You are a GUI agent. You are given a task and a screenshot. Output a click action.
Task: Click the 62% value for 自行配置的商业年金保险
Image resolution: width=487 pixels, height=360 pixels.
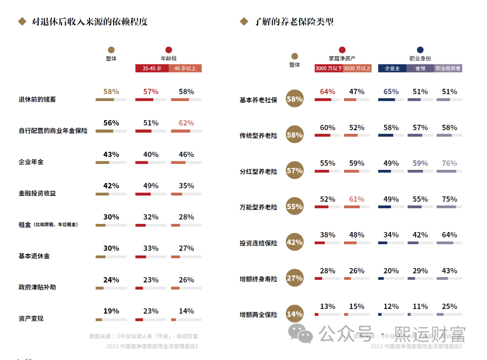pos(186,123)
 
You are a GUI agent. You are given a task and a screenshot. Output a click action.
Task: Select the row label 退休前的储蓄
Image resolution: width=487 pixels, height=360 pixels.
pos(37,99)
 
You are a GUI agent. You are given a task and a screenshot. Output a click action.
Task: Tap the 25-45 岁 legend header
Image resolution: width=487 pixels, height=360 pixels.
pos(152,68)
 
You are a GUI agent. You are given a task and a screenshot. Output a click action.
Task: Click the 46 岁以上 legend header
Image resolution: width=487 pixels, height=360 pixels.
pos(185,68)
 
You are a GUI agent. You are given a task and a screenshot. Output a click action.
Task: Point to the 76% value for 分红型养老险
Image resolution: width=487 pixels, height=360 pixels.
pos(449,163)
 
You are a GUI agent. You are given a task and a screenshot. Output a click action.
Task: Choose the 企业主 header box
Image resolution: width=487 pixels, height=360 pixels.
pos(392,68)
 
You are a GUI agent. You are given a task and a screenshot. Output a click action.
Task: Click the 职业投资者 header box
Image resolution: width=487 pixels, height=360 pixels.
pos(448,68)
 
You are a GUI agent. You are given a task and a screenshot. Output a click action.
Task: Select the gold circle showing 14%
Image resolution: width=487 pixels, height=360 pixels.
pos(294,314)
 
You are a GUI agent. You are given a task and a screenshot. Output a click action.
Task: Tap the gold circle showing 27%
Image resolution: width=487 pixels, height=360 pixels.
pos(294,278)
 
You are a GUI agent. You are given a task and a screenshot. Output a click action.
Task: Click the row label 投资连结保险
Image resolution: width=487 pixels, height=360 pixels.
pos(258,243)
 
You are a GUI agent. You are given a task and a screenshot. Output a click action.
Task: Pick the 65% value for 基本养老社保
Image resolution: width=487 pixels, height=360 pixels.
pos(391,91)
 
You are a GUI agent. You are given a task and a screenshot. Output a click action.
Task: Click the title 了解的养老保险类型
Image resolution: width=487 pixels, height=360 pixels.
pos(294,22)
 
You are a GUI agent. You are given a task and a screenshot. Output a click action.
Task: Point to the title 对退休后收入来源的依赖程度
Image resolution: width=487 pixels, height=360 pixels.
pos(90,22)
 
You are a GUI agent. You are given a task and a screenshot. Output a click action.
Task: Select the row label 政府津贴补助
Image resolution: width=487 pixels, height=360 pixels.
pos(37,287)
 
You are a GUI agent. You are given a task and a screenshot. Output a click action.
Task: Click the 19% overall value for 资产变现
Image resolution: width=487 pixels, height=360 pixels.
pos(111,311)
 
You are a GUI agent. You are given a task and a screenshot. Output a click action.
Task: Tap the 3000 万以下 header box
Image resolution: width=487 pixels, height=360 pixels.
pos(329,68)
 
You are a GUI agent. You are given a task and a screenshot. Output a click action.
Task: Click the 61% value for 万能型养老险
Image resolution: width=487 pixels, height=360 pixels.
pos(357,199)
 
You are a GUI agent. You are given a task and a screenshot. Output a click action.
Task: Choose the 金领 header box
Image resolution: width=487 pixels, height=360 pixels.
pos(420,68)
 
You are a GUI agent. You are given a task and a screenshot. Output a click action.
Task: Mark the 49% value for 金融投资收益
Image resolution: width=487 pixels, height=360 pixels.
pos(151,186)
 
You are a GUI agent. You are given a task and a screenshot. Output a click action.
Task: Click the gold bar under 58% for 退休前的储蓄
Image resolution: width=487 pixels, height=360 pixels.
pos(105,100)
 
